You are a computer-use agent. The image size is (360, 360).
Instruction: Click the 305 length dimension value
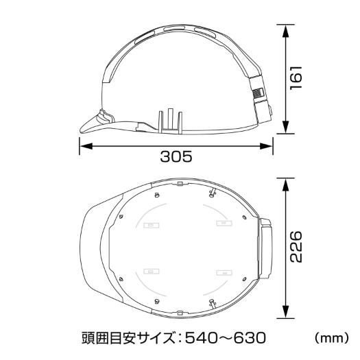(176, 157)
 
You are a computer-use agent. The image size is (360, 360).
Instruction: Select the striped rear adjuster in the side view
(257, 96)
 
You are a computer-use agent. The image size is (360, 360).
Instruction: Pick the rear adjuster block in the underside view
(264, 248)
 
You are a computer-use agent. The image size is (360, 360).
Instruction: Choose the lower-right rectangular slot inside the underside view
(221, 272)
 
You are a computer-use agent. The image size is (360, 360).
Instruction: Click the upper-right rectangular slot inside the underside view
(221, 224)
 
